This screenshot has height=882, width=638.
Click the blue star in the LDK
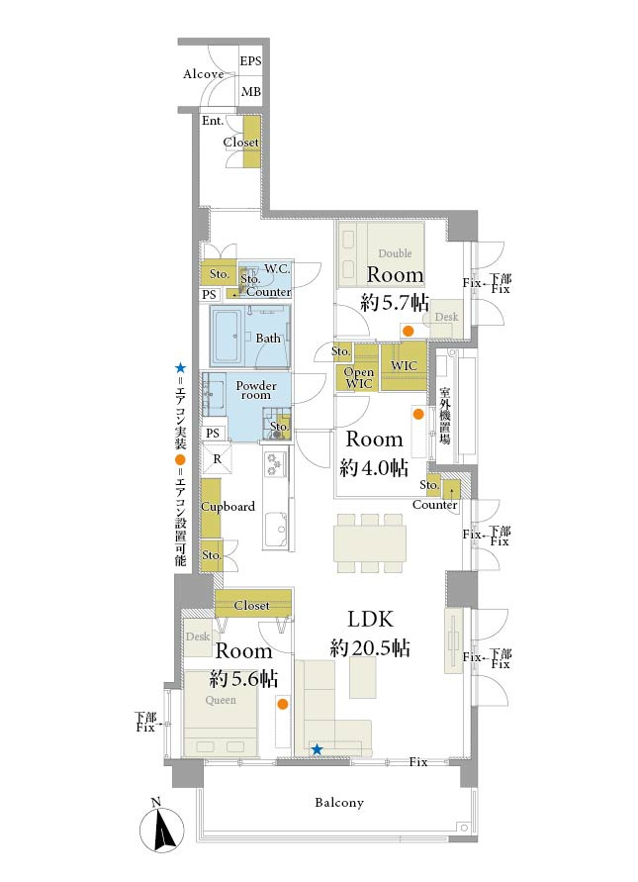(x=318, y=749)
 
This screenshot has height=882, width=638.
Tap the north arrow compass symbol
(x=162, y=831)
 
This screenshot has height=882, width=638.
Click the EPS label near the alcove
(x=250, y=60)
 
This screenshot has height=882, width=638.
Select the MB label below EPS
(x=250, y=91)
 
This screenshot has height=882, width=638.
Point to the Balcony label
(x=339, y=803)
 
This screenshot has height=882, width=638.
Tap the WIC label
(x=404, y=365)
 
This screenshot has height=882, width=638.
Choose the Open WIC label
(x=359, y=378)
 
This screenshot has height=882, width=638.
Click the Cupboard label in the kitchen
(x=228, y=506)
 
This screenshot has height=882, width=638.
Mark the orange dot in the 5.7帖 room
(x=410, y=331)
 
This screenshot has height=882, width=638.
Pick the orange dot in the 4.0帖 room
(x=418, y=415)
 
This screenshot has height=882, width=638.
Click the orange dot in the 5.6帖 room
(x=283, y=704)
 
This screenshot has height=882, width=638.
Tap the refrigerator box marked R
(x=217, y=458)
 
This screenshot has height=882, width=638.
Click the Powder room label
(x=256, y=390)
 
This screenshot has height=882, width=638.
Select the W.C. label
(x=277, y=269)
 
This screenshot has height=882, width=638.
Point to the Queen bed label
(x=221, y=700)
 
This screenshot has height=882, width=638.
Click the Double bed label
(x=396, y=253)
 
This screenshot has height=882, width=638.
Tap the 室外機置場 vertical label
(x=445, y=415)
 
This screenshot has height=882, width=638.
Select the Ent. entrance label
(x=213, y=121)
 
